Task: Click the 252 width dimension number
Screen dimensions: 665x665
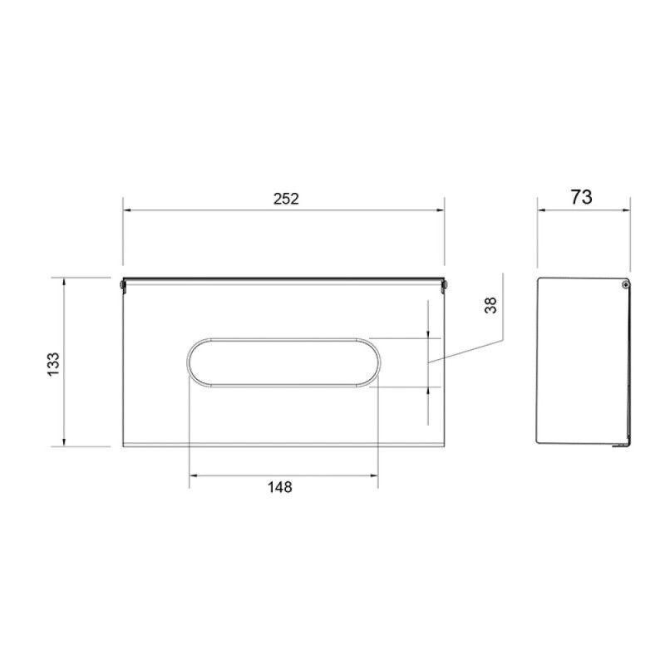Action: (286, 199)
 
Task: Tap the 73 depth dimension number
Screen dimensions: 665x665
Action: (581, 197)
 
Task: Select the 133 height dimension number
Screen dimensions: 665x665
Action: (54, 364)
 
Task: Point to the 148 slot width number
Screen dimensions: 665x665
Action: (280, 487)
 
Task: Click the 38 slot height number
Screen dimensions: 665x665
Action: (490, 305)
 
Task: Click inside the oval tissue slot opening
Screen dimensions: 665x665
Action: (283, 362)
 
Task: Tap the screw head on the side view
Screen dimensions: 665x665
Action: (626, 284)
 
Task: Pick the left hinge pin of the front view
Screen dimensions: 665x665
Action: (122, 285)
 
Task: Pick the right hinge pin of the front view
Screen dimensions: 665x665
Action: (444, 285)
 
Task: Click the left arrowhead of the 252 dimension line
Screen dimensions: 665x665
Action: (127, 210)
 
